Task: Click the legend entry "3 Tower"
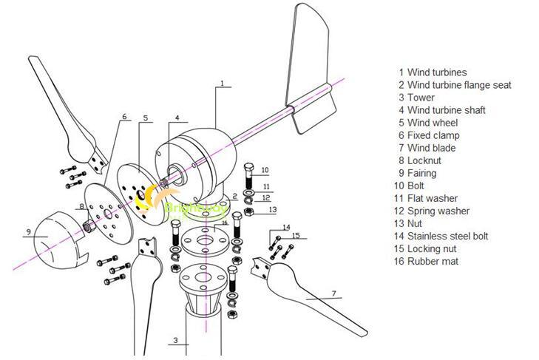click(416, 98)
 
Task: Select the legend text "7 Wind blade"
click(427, 148)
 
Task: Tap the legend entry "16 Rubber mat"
click(430, 261)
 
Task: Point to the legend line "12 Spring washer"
click(433, 211)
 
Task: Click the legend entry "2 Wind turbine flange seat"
click(454, 85)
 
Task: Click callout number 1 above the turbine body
click(221, 84)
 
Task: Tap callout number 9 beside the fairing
click(27, 232)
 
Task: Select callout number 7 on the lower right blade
click(333, 294)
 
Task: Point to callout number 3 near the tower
click(176, 341)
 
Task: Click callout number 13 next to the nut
click(273, 210)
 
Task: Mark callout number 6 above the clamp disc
click(124, 116)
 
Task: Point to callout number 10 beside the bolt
click(265, 170)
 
